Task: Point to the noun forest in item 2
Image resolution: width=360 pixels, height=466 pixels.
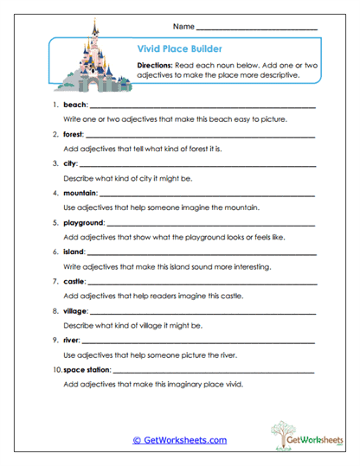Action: coord(74,135)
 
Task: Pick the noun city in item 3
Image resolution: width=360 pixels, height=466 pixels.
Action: coord(70,163)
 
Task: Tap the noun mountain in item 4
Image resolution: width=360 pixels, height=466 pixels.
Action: coord(80,193)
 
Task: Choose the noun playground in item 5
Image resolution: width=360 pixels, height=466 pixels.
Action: coord(84,221)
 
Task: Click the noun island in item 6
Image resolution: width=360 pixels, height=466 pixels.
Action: coord(74,251)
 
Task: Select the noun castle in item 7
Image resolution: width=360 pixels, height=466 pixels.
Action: coord(74,280)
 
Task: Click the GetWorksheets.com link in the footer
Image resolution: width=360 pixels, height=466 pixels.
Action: coord(179,440)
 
